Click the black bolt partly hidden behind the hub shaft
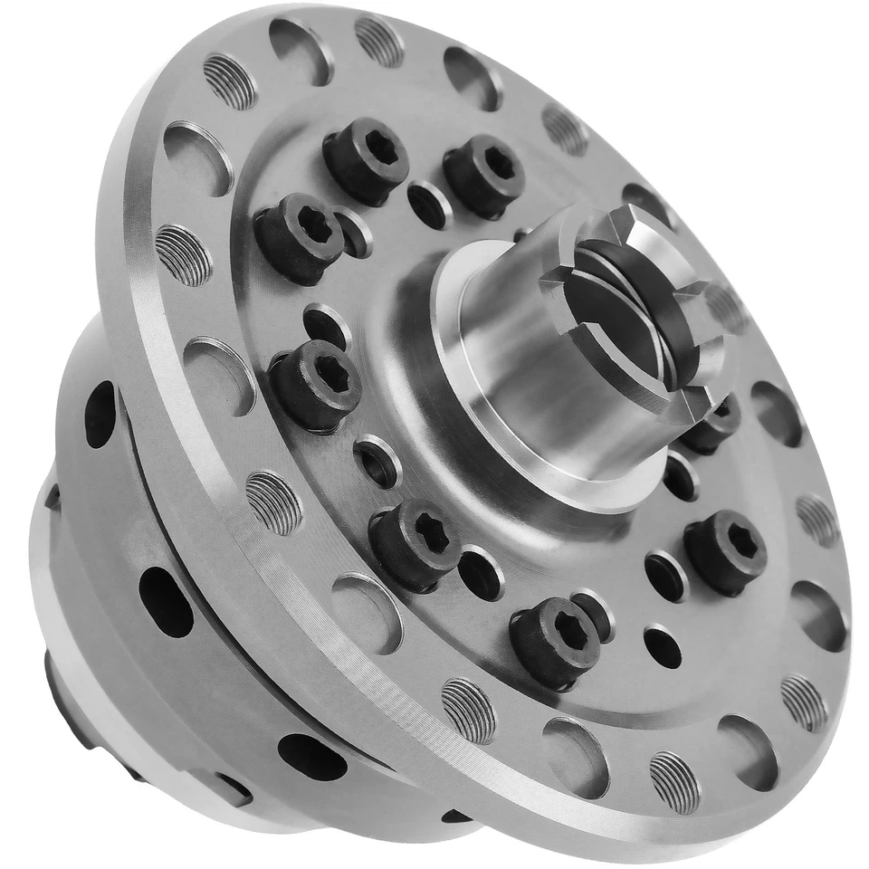[x=712, y=425]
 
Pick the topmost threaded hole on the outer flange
[x=379, y=41]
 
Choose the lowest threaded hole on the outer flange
[x=674, y=781]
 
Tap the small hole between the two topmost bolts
[x=429, y=205]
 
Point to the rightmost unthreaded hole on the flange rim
[x=819, y=615]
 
